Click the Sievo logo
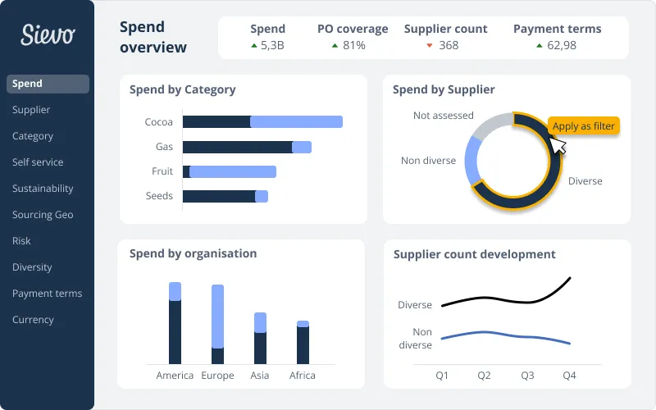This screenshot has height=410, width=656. coord(48,34)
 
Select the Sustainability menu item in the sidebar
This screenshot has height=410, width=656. coord(43,189)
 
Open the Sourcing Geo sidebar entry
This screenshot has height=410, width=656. coord(43,215)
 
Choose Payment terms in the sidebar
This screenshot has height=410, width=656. coord(47,294)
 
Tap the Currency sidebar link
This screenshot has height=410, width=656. coord(33,320)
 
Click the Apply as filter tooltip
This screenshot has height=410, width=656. coord(583,126)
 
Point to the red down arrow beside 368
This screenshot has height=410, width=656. coord(430,46)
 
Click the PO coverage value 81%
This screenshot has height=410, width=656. coord(353,46)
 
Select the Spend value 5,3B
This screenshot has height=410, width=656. coord(272,46)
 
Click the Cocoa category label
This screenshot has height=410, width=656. coord(159,122)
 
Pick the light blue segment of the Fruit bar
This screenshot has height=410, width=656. coord(233,171)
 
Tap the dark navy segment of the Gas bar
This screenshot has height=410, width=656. coord(237,147)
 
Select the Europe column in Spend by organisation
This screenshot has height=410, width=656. coord(217,324)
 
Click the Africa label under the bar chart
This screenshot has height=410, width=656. coord(303,376)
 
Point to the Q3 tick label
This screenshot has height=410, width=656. coord(527,376)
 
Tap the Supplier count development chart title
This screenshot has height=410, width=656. coord(475,255)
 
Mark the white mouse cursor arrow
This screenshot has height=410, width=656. coord(558,145)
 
